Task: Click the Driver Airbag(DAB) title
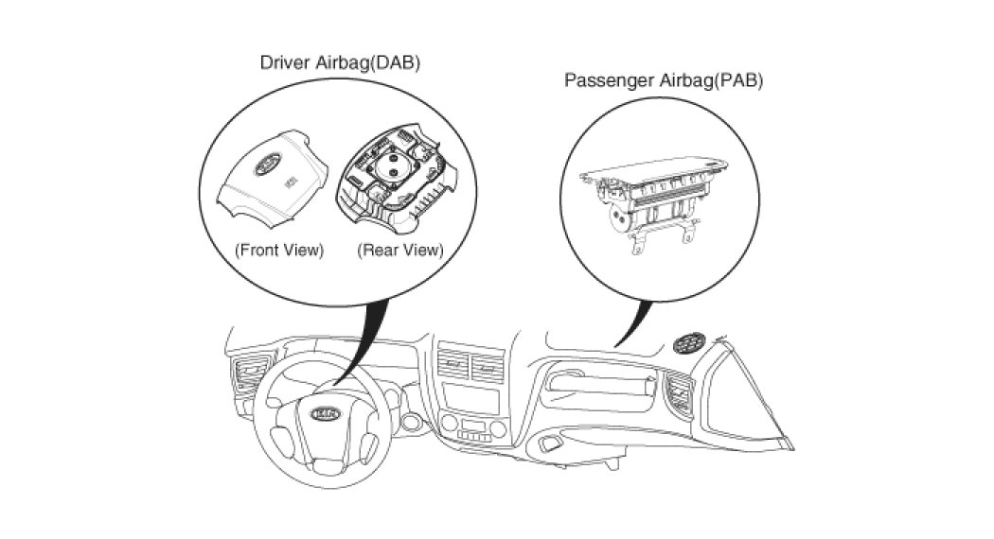340,62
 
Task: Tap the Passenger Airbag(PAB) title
664,79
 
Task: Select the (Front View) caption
279,251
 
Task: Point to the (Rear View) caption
399,251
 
